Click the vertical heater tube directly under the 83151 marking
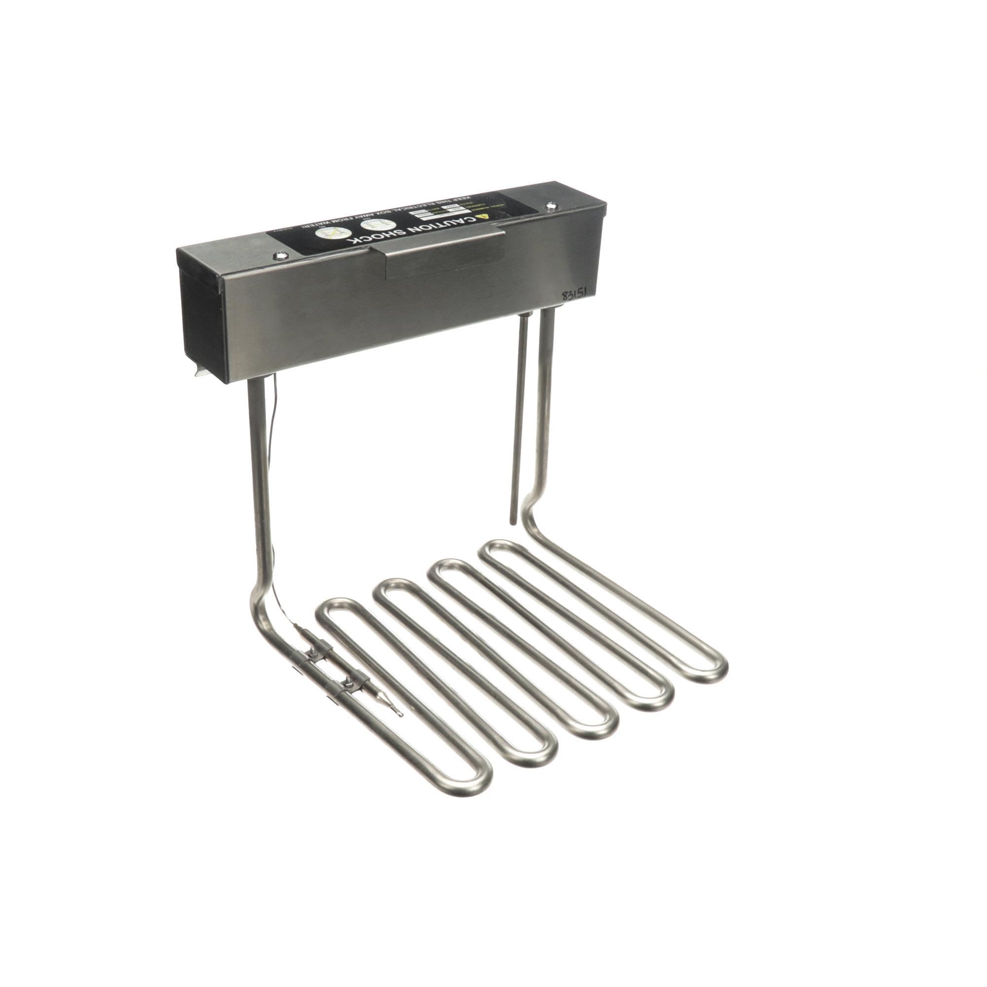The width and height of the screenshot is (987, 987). coord(548,409)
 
